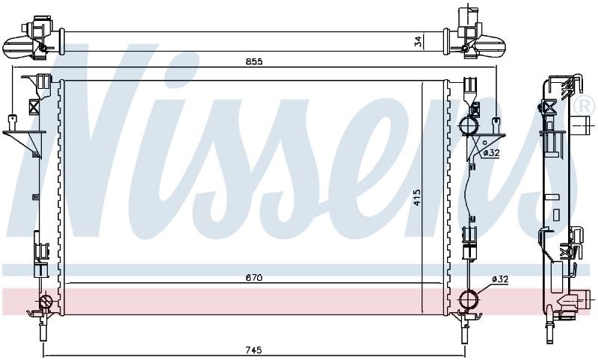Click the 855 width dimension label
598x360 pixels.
coord(254,61)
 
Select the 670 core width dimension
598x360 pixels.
coord(254,278)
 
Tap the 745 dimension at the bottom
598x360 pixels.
coord(254,350)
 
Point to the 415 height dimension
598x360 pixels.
coord(417,198)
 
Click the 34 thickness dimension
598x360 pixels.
coord(419,41)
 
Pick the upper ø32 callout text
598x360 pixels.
coord(491,153)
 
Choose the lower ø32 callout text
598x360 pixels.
coord(500,279)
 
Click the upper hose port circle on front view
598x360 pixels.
coord(468,125)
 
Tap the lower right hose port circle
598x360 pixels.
coord(469,299)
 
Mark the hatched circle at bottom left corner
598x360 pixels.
coord(46,301)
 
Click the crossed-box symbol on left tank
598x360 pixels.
coord(34,107)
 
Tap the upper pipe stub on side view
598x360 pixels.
coord(582,125)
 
